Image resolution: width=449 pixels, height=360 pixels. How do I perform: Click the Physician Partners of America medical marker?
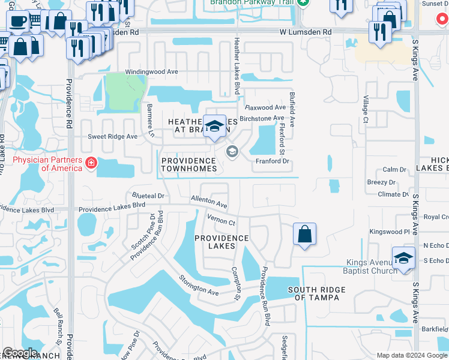tap(91, 163)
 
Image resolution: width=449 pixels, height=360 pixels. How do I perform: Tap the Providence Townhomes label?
tap(188, 164)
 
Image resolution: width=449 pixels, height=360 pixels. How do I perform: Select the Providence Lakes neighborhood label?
tap(221, 242)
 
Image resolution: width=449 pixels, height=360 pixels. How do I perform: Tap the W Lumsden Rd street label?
tap(305, 31)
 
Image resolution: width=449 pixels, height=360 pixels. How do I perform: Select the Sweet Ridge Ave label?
tap(113, 136)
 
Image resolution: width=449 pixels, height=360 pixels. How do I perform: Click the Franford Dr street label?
tap(273, 161)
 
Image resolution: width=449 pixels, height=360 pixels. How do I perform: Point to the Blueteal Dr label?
tap(148, 196)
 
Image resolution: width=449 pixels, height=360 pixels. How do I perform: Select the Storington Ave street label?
tap(197, 284)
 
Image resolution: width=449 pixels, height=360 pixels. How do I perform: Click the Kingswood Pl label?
tap(389, 231)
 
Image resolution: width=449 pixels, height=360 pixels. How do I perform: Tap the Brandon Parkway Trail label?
tap(253, 2)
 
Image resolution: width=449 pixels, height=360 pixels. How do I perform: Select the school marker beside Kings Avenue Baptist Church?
tap(404, 258)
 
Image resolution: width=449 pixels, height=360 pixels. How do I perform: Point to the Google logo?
tap(20, 353)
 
